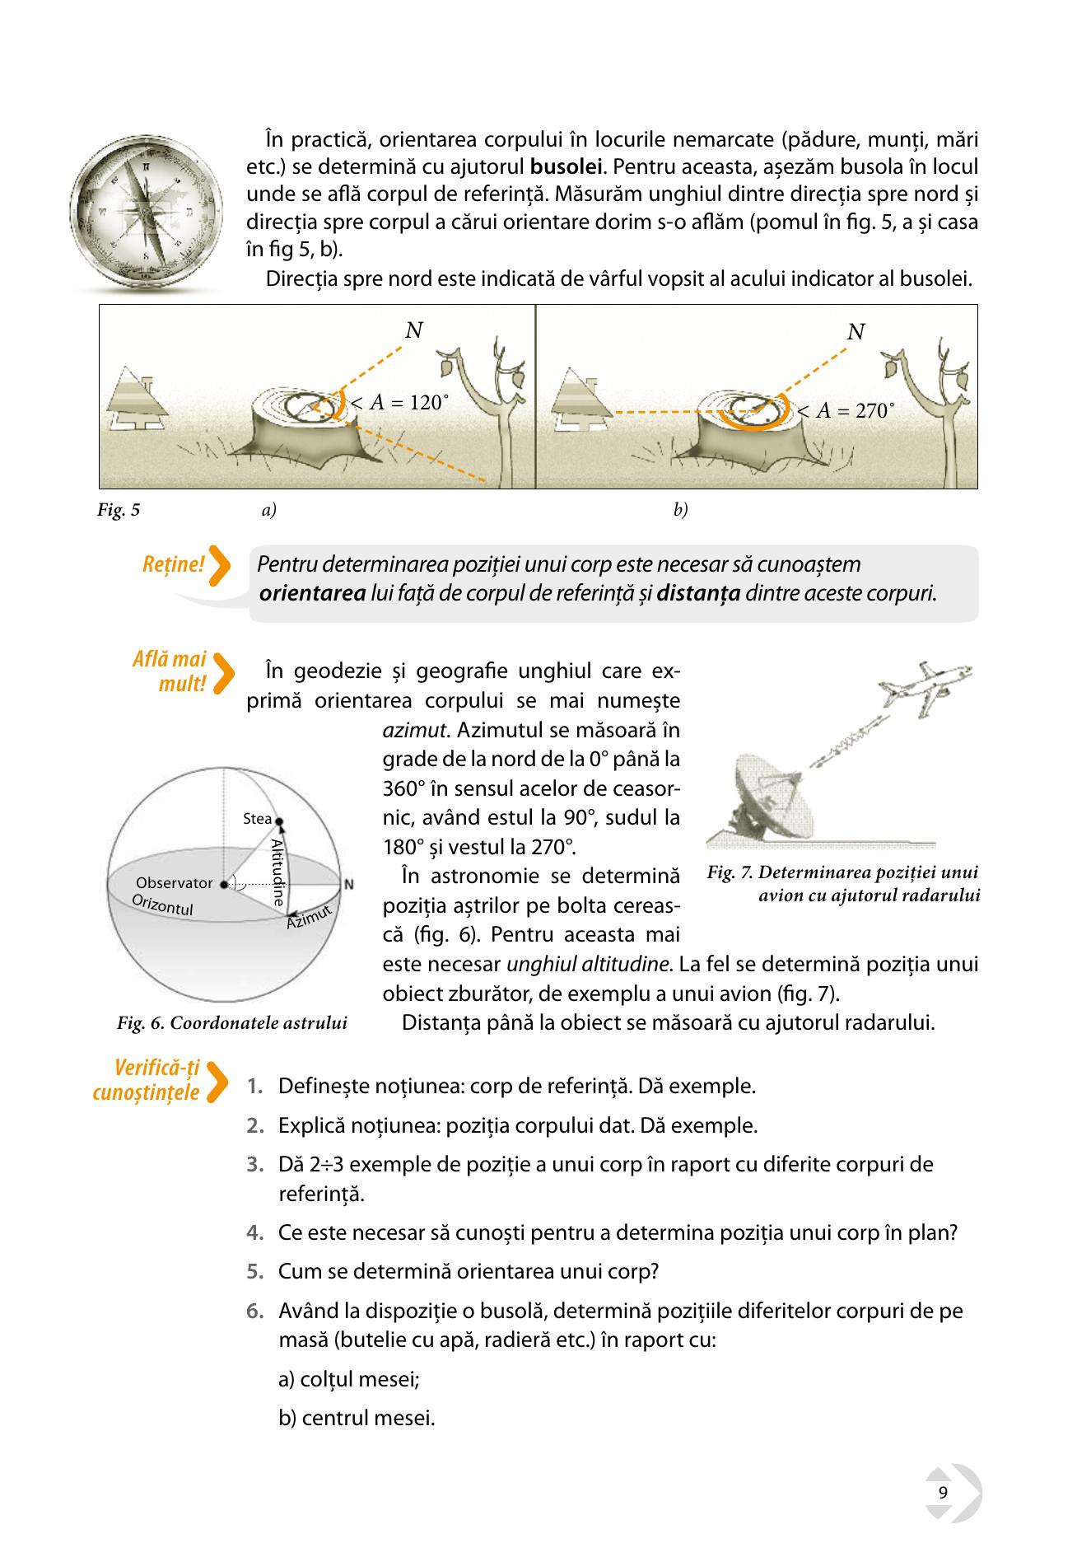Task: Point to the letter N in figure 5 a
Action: click(414, 330)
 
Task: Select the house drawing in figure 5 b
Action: click(582, 400)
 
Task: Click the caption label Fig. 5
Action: click(119, 510)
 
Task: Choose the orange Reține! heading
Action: click(173, 564)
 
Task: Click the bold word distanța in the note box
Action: click(699, 593)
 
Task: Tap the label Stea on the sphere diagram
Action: click(258, 819)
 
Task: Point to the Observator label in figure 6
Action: click(175, 883)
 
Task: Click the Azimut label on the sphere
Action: click(309, 918)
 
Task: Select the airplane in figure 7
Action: click(926, 687)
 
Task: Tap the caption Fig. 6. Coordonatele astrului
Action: click(232, 1023)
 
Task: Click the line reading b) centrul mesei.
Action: click(357, 1419)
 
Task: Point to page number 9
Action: click(943, 1494)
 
